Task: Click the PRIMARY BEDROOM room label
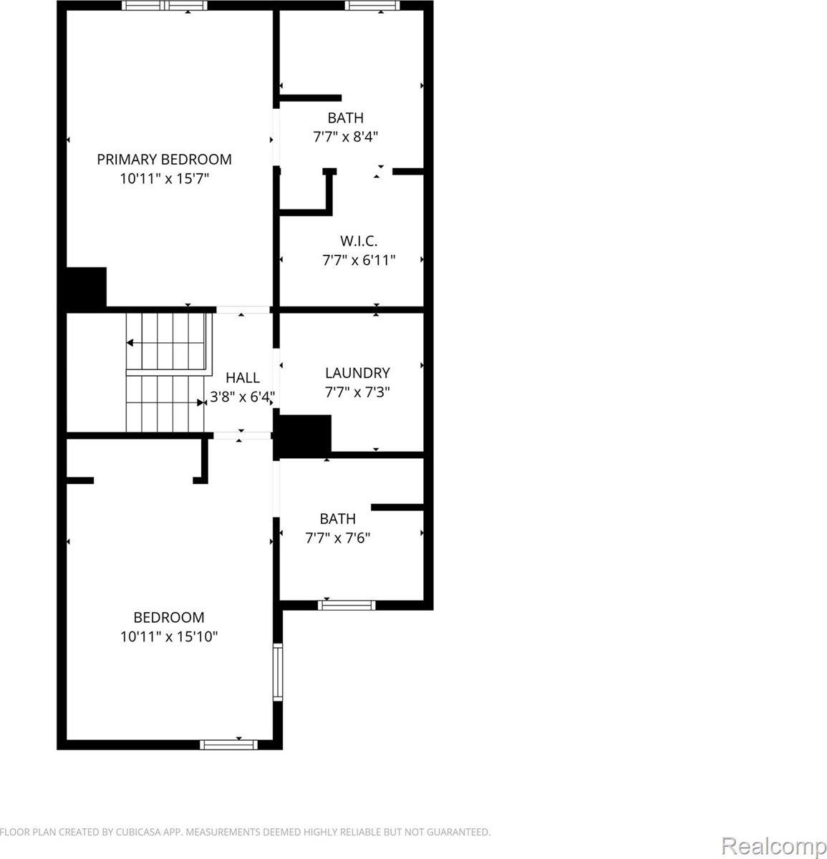click(x=164, y=159)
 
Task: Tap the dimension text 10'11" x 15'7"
click(x=164, y=178)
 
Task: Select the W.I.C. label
click(x=358, y=241)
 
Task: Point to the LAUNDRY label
click(x=357, y=372)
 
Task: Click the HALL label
click(x=243, y=377)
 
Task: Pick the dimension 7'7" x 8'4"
click(x=345, y=137)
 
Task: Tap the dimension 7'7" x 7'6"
click(x=337, y=538)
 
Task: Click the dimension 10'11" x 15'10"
click(x=169, y=636)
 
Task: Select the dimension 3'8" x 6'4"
click(x=243, y=397)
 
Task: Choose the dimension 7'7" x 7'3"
click(x=357, y=392)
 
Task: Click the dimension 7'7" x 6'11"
click(x=358, y=260)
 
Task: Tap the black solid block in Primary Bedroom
click(x=87, y=286)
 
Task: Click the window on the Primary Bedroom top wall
click(x=165, y=6)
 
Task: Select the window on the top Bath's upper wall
click(x=372, y=6)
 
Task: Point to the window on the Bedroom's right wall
click(x=277, y=671)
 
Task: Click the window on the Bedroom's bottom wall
click(x=228, y=744)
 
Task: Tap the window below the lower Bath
click(x=347, y=605)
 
